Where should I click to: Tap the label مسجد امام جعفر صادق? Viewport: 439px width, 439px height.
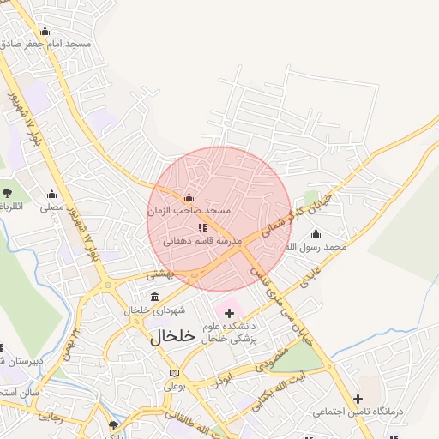pos(45,44)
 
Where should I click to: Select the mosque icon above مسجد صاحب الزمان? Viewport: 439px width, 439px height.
pos(189,199)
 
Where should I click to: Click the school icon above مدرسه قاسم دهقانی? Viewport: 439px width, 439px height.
pos(202,227)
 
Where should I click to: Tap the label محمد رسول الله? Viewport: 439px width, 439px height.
pos(316,247)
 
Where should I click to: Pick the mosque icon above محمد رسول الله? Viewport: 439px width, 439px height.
pos(316,234)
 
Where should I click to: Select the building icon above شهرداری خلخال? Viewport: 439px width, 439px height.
pos(154,297)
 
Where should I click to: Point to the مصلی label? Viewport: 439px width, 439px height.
pos(52,207)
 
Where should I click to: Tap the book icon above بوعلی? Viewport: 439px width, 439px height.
pos(175,374)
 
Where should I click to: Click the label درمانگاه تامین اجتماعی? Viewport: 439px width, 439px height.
pos(358,412)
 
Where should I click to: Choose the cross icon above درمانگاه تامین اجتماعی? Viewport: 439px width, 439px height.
pos(358,399)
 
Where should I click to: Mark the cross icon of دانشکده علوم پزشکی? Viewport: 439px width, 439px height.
pos(229,314)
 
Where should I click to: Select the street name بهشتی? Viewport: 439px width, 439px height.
pos(159,274)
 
